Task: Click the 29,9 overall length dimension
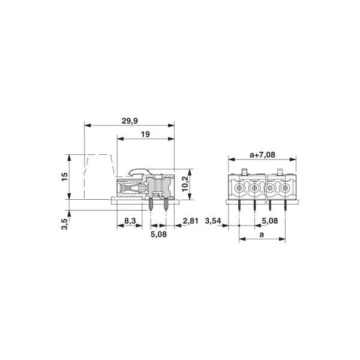(129, 120)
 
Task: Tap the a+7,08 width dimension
(262, 155)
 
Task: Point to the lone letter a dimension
(262, 235)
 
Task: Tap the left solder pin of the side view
(150, 206)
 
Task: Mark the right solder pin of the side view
(166, 206)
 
